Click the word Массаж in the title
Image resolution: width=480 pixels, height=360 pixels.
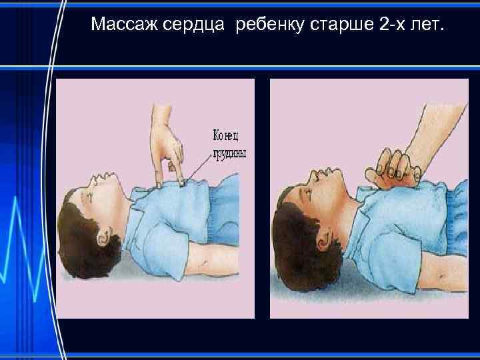point(124,26)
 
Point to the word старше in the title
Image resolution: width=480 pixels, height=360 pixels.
point(342,26)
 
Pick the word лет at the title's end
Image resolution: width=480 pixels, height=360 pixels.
point(431,26)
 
